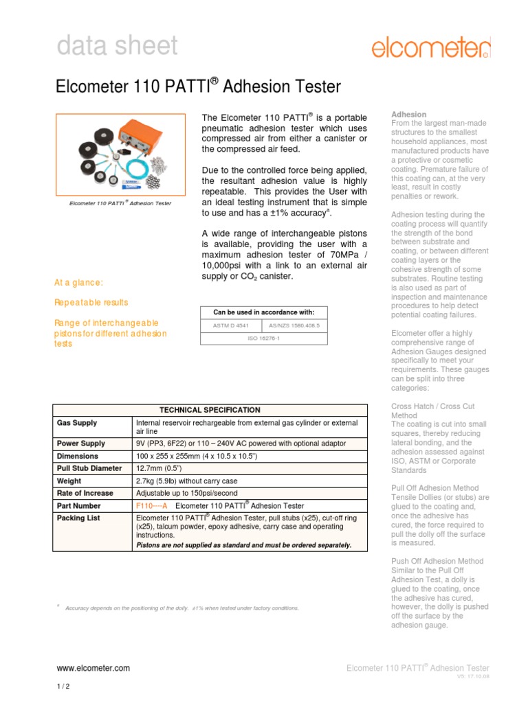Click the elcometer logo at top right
point(431,47)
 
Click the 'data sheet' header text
point(116,46)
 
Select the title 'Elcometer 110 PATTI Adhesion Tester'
point(198,87)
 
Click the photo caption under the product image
point(120,203)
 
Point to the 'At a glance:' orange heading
point(79,282)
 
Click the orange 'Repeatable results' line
point(91,302)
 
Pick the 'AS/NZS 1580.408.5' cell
point(294,325)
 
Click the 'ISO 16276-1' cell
point(263,338)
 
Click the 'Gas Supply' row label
point(76,423)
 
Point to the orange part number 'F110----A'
point(152,505)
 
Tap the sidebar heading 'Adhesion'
point(408,114)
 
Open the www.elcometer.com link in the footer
point(92,667)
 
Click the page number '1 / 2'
point(63,687)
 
